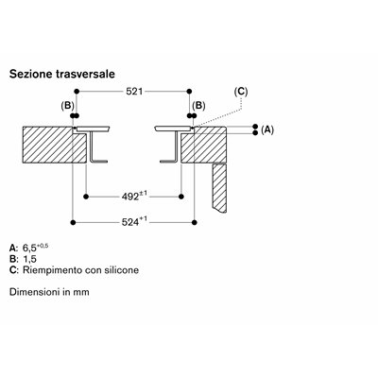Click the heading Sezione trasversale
[62, 74]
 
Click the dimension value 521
[134, 92]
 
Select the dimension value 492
[130, 197]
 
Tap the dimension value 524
[130, 222]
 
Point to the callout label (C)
[241, 92]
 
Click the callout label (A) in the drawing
[267, 129]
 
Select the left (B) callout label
[67, 106]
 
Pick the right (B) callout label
[198, 106]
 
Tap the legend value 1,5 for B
[29, 259]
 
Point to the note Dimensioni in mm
[49, 292]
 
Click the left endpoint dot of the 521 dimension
[77, 92]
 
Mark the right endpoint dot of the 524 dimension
[195, 222]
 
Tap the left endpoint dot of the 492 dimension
[86, 197]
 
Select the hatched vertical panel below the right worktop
[219, 188]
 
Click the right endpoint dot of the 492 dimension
[181, 197]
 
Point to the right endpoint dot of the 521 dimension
[189, 92]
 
